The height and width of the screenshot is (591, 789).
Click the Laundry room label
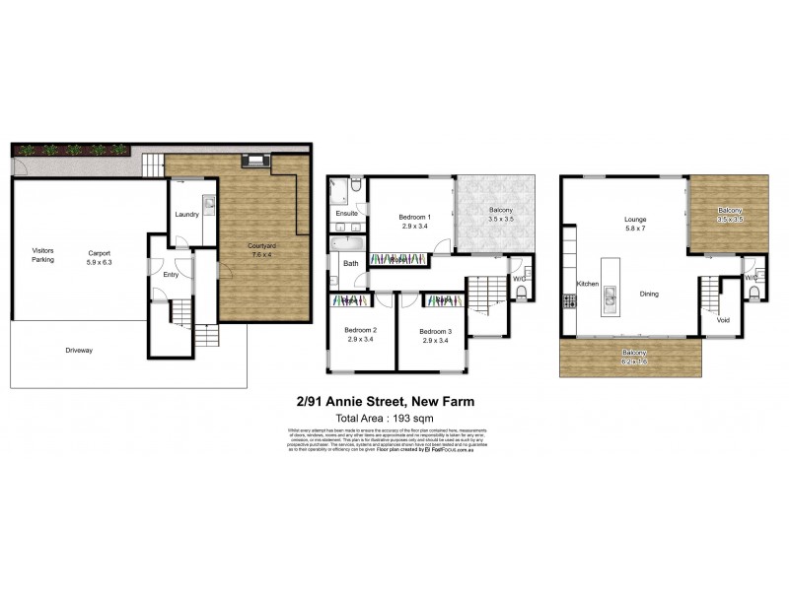pyautogui.click(x=187, y=215)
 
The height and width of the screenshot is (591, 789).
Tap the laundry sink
pyautogui.click(x=209, y=203)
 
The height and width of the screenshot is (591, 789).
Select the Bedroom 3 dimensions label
pyautogui.click(x=435, y=339)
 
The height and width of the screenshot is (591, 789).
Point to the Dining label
pyautogui.click(x=648, y=294)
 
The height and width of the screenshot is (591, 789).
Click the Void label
pyautogui.click(x=723, y=320)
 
